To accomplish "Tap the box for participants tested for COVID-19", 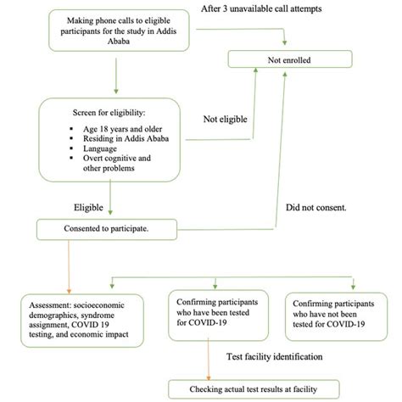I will click(x=218, y=314).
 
